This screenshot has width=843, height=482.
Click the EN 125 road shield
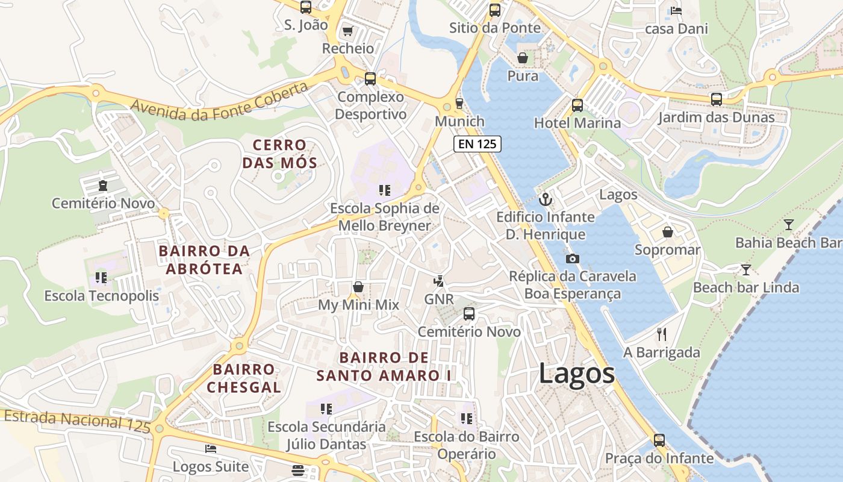tap(477, 143)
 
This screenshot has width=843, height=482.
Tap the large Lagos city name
tap(576, 374)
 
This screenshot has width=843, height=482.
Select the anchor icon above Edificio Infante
tap(546, 199)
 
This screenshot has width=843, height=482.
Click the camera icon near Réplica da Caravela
tap(572, 258)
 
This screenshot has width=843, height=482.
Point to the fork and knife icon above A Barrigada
tap(662, 334)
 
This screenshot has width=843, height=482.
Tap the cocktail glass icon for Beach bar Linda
tap(746, 269)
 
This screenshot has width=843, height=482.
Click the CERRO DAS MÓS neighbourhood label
tap(279, 154)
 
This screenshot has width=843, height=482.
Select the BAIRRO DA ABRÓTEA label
tap(204, 260)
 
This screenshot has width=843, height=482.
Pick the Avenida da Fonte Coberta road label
tap(220, 102)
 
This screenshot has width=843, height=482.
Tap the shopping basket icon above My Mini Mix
tap(358, 287)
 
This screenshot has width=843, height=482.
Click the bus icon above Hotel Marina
tap(577, 105)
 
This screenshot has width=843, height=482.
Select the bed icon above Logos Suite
tap(210, 449)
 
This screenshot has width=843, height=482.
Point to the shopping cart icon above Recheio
tap(347, 31)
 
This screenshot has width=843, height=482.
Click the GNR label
tap(439, 299)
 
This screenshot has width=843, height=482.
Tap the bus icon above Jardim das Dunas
tap(716, 99)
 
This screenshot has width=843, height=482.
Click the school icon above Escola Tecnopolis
tap(101, 278)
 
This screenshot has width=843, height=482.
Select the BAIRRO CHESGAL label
tap(244, 378)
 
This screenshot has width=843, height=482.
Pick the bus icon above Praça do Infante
tap(659, 440)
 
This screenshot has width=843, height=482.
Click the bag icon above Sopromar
tap(667, 232)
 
